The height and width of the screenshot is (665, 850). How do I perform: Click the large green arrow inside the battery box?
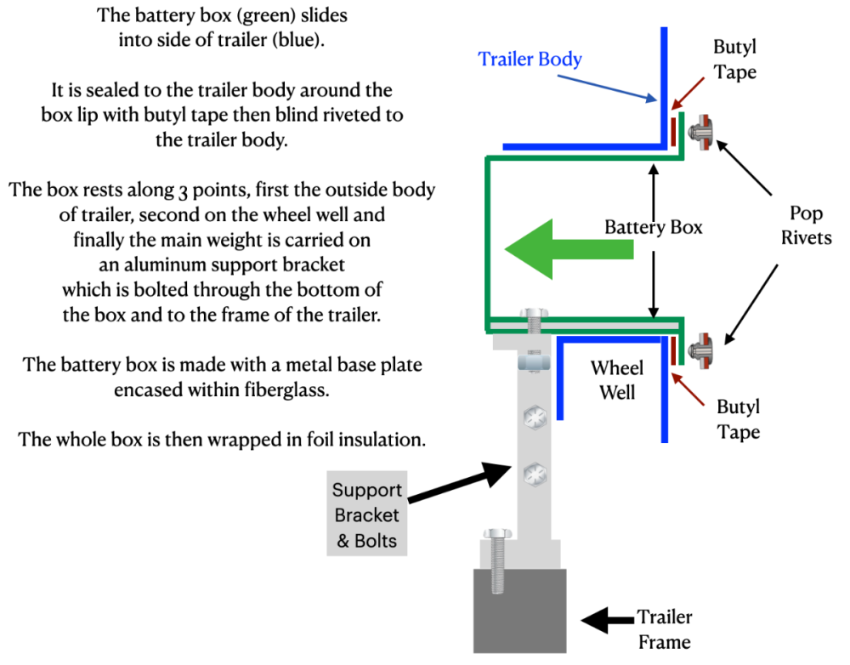(x=568, y=248)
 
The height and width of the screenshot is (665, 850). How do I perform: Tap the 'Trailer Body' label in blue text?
(x=530, y=59)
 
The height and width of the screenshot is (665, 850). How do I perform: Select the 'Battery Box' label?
(x=654, y=228)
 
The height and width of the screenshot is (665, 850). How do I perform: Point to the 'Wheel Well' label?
(x=617, y=381)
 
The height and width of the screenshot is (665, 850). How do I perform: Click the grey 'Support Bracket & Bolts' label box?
(x=367, y=514)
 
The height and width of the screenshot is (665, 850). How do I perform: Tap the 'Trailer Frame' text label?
(x=666, y=629)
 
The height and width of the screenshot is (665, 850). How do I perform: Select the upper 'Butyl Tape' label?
(x=735, y=60)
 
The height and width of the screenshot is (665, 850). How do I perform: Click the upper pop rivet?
(x=703, y=133)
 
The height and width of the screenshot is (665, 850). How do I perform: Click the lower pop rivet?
(x=703, y=350)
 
